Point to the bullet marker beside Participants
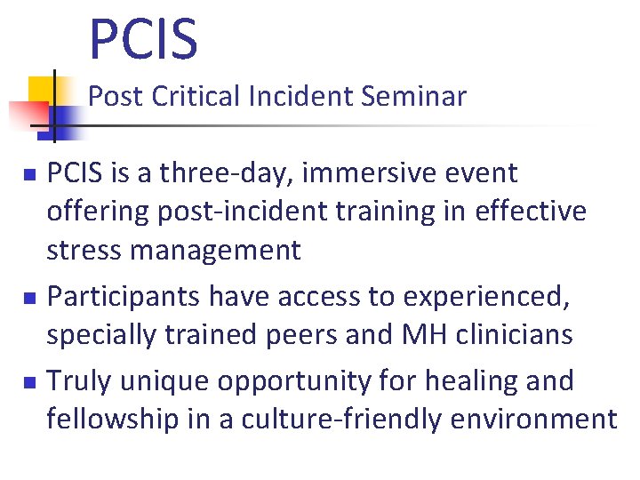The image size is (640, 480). coord(29,298)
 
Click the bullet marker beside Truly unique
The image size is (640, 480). coord(29,382)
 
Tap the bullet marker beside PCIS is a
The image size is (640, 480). coord(29,174)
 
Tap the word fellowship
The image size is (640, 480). coord(112,419)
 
